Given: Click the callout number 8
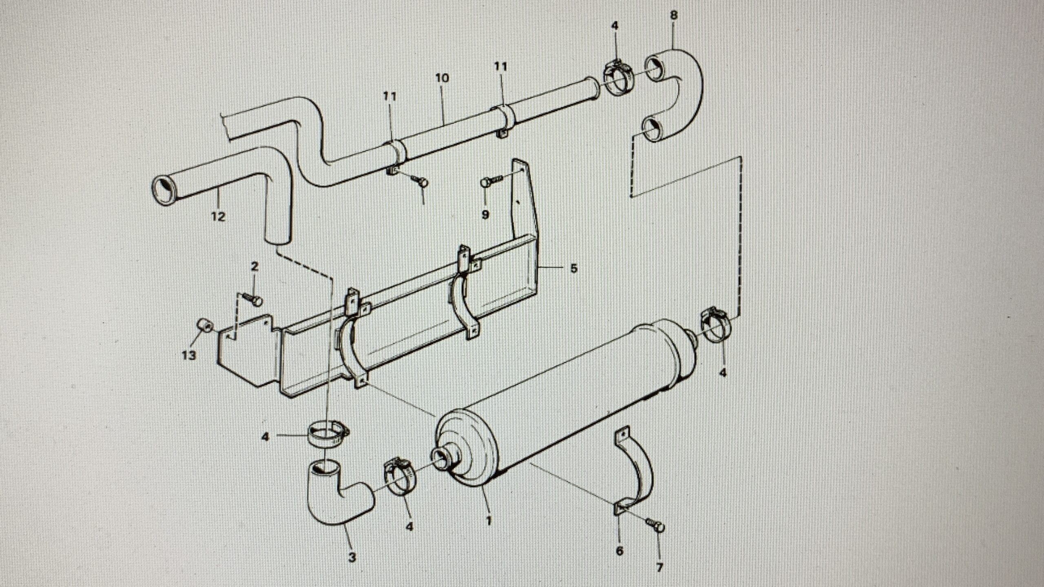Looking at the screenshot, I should (x=673, y=15).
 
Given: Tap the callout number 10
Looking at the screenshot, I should (x=442, y=78).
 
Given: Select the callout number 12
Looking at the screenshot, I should (x=218, y=216).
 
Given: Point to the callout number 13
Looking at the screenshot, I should (x=189, y=355).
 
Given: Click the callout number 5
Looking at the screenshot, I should (x=573, y=268).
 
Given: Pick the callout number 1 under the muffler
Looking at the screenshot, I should (x=489, y=521).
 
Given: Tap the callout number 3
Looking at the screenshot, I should (x=352, y=557).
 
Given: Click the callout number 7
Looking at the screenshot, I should (x=659, y=567).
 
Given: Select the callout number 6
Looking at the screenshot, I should (x=619, y=551).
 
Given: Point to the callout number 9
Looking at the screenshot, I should (x=485, y=214).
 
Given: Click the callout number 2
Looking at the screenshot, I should (x=254, y=267).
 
